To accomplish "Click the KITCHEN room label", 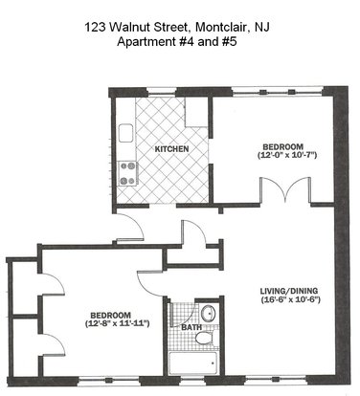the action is point(171,149).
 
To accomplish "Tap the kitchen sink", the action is point(125,133).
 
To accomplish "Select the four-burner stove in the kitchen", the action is point(127,174).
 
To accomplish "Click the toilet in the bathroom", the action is point(205,338).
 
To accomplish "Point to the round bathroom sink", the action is point(209,314).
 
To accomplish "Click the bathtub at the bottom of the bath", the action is point(192,363).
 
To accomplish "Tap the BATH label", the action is point(191,327).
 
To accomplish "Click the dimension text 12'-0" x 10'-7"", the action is point(286,156).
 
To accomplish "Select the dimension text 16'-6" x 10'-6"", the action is point(290,299).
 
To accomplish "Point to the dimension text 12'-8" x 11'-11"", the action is point(117,323).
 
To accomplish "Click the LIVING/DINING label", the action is point(289,291).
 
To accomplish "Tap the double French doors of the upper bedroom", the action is point(285,189).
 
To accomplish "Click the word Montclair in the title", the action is point(222,27).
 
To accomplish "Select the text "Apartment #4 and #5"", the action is point(177,42).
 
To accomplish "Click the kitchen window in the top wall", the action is point(162,93).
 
